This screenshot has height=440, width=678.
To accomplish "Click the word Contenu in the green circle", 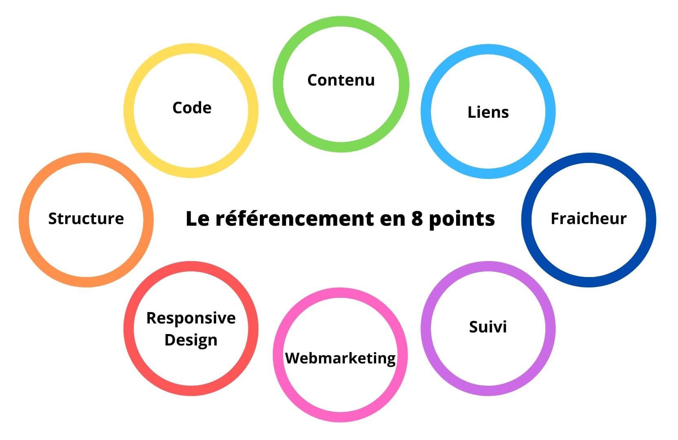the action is pos(341,80).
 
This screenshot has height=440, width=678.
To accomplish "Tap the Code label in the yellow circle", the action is pos(192,108).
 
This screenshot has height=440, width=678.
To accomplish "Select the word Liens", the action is pos(488,112).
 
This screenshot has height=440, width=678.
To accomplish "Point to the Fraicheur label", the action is pos(589,218).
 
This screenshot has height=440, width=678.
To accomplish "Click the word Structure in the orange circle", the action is pos(86,218).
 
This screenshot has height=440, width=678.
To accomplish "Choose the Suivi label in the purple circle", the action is pos(488,327).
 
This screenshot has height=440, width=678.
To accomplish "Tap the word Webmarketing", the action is pos(340,359).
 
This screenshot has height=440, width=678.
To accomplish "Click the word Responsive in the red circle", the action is pos(191,319).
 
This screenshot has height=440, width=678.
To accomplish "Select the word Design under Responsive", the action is pos(191,340).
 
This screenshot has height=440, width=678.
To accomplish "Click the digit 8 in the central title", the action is pos(417,218).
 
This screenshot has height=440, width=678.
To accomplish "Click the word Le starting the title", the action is pos(197,218).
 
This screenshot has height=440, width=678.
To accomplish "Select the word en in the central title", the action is pos(392,220).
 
